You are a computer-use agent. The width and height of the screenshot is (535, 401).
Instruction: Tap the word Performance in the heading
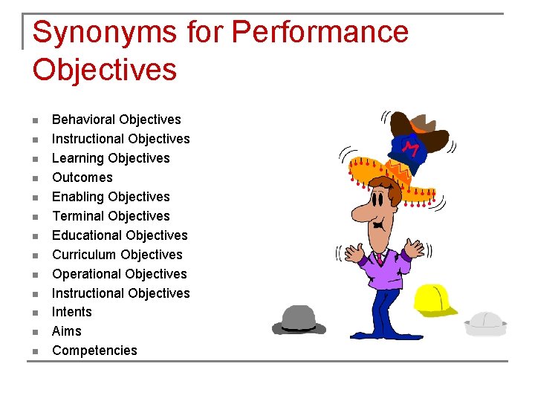click(x=320, y=33)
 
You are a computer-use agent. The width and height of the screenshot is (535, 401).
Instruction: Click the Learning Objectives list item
click(x=111, y=158)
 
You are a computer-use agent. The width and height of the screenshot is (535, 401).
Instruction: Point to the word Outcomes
click(x=82, y=177)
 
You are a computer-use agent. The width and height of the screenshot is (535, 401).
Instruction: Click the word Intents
click(x=72, y=312)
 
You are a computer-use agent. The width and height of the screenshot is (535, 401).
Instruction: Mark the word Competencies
click(x=94, y=351)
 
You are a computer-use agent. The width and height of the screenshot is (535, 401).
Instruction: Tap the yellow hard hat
click(x=435, y=299)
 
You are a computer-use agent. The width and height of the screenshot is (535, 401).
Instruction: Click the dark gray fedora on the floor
click(x=298, y=319)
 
